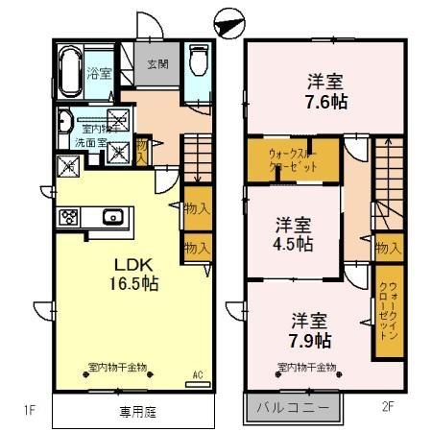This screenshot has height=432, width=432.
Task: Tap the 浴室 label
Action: [99, 73]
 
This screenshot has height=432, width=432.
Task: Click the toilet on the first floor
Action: [199, 60]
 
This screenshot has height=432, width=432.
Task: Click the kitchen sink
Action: [112, 216]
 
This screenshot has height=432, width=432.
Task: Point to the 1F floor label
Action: [30, 410]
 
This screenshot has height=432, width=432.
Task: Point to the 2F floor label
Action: [388, 406]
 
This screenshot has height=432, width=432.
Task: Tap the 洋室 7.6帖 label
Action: [324, 92]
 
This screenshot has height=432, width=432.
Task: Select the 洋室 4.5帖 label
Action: [292, 233]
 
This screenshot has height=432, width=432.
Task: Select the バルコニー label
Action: [295, 407]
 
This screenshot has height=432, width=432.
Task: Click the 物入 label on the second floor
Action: [387, 248]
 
